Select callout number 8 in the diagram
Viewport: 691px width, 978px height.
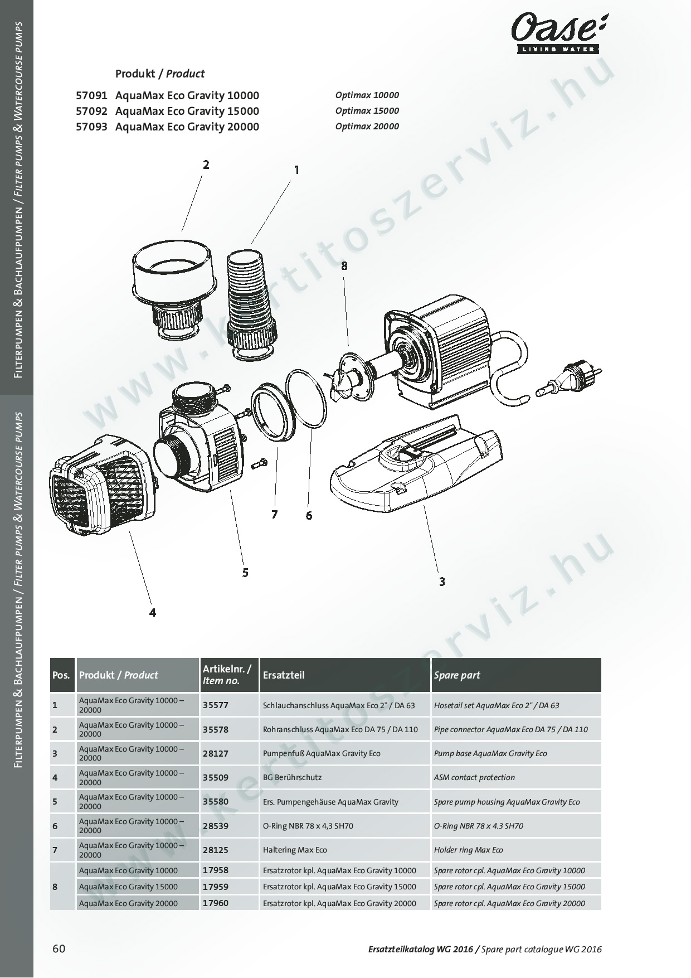click(344, 266)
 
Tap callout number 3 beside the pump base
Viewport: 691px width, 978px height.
click(442, 582)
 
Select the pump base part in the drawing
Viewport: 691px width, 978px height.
click(415, 466)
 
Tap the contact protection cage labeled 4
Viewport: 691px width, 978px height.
click(100, 482)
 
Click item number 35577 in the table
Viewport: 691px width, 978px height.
click(216, 705)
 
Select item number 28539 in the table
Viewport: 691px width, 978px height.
click(216, 826)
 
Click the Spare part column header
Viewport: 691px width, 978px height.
click(457, 675)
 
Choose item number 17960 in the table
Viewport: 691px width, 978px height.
click(216, 903)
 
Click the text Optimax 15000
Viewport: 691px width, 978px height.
click(367, 110)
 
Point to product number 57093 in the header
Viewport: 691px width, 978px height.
click(91, 127)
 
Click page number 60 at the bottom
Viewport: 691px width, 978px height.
click(59, 948)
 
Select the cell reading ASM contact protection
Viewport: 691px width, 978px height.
click(474, 777)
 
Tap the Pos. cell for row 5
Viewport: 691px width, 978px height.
click(55, 802)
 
